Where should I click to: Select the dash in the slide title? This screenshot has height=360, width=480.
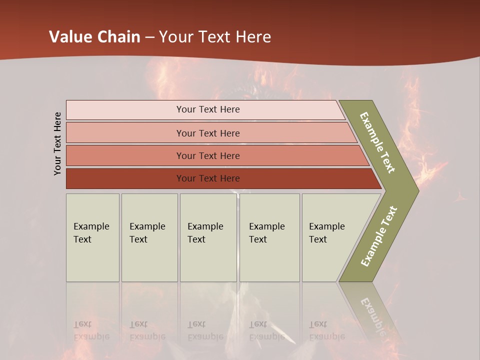coord(149,37)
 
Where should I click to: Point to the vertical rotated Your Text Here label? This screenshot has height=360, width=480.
coord(57,143)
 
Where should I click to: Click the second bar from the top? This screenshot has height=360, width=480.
coord(208,133)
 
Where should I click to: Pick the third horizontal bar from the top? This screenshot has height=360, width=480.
coord(208,155)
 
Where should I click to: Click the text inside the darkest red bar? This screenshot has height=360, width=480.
coord(208,178)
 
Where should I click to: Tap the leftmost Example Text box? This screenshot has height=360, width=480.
coord(92,237)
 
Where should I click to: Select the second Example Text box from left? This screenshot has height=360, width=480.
coord(149,237)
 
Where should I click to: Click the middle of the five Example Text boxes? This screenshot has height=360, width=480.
coord(208,237)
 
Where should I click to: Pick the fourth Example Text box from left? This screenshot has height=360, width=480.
coord(269,237)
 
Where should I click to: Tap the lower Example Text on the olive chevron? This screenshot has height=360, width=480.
coord(379,236)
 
